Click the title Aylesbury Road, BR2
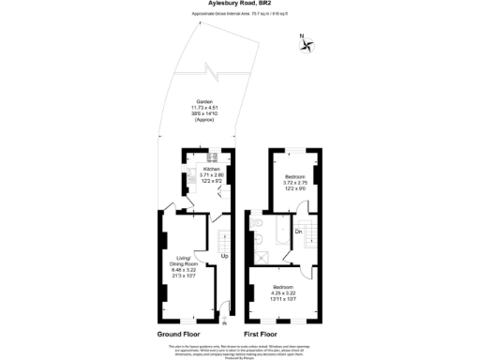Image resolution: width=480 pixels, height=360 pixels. [x=239, y=5]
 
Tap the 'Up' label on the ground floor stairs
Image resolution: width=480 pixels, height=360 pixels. [x=225, y=256]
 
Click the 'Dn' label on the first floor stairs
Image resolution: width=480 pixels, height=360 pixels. [x=298, y=231]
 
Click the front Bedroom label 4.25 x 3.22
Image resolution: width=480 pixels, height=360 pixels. [x=284, y=292]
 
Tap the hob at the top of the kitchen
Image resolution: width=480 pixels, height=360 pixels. [x=213, y=157]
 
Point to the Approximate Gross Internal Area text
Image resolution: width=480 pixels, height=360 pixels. [x=240, y=16]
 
